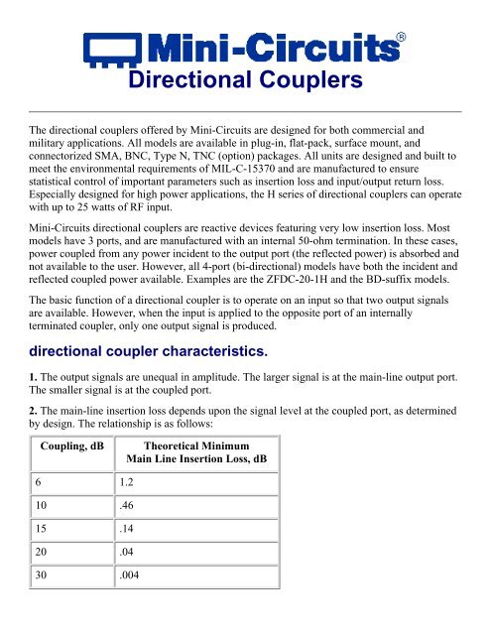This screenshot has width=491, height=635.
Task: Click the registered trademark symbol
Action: (400, 37)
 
